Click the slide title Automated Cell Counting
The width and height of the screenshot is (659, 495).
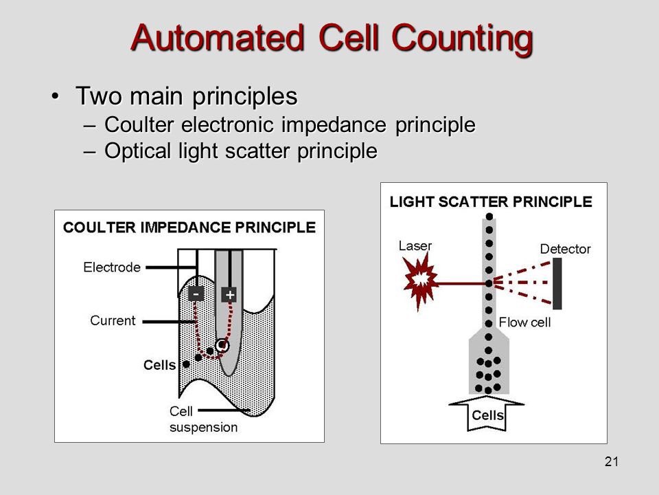click(x=331, y=38)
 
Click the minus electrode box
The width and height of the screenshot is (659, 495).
click(x=196, y=294)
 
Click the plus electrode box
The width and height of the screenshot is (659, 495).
click(x=229, y=294)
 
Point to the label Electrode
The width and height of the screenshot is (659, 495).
click(x=112, y=267)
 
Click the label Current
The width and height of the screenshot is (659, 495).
click(x=113, y=320)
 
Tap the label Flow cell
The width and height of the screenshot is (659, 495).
click(x=524, y=322)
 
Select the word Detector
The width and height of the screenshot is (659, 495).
click(x=565, y=249)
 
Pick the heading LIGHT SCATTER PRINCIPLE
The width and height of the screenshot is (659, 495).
click(x=491, y=202)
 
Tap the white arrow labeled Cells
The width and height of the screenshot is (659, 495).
click(x=487, y=415)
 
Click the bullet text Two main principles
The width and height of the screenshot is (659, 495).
click(x=186, y=96)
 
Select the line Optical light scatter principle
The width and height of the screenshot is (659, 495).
click(x=240, y=151)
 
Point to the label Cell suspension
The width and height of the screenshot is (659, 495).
click(x=203, y=419)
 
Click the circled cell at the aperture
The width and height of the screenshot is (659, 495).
click(x=222, y=346)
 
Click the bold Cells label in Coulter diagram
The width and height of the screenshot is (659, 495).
click(x=159, y=366)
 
